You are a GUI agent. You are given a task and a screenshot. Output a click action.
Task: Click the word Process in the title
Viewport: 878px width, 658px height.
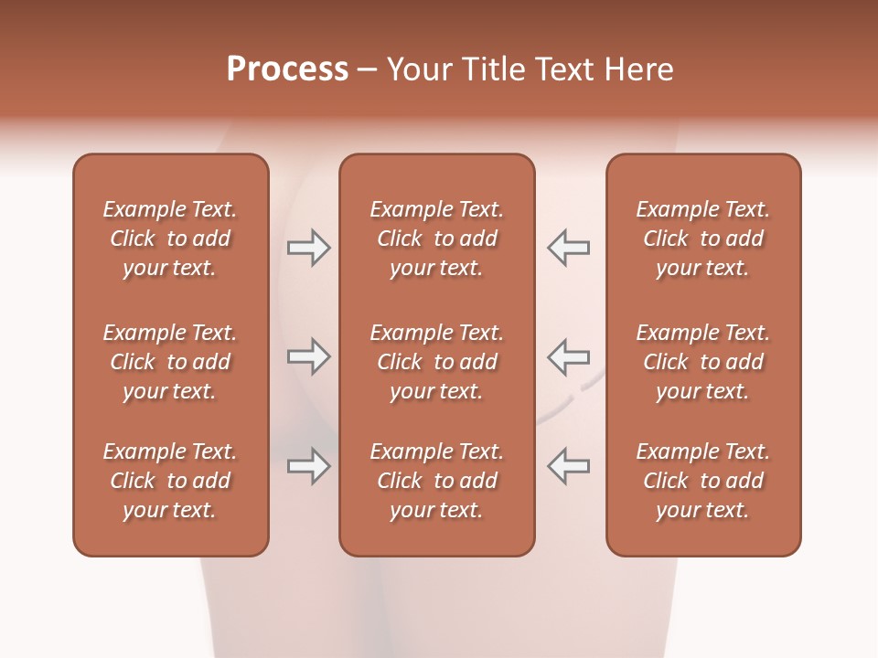[x=287, y=69]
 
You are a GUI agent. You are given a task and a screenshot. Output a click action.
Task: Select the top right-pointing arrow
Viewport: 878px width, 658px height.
[x=309, y=247]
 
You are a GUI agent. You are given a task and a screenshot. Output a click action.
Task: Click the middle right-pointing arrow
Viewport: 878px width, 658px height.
[x=309, y=356]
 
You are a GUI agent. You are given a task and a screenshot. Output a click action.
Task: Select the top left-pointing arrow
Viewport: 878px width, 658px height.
[x=568, y=247]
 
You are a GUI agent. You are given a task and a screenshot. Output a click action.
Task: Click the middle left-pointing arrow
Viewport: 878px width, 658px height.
[x=568, y=356]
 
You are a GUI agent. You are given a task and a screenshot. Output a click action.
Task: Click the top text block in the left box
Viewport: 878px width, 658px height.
[x=170, y=239]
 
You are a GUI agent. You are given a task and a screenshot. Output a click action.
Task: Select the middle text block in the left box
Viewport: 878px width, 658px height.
[x=170, y=362]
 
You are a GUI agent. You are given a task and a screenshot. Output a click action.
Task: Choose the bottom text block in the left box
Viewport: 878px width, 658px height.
[x=170, y=481]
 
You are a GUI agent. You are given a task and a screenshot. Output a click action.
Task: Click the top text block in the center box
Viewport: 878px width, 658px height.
[x=436, y=239]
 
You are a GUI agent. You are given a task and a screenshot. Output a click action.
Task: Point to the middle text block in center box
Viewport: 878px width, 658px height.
[x=436, y=362]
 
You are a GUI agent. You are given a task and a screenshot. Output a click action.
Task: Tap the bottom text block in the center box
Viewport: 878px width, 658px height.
[x=436, y=481]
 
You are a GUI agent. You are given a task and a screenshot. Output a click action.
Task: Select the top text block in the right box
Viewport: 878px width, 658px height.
[x=702, y=239]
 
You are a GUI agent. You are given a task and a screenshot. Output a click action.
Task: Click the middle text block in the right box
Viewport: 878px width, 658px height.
[x=702, y=362]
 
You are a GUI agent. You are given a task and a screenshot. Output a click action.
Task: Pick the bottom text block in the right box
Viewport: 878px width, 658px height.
[x=702, y=481]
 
